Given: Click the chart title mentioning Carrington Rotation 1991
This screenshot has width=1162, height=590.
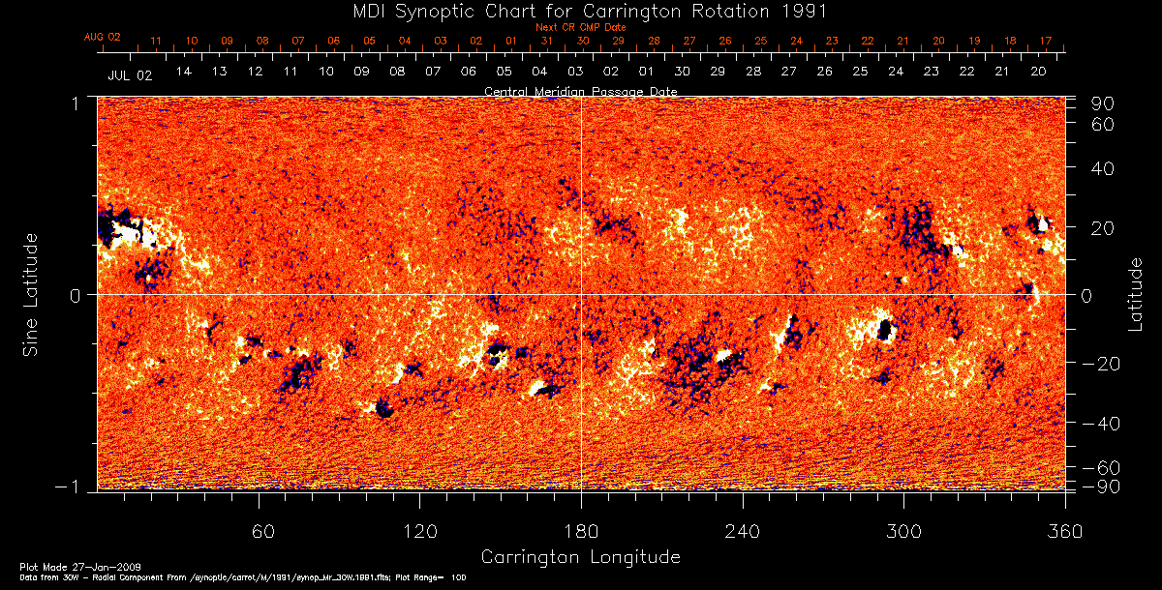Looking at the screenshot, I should pyautogui.click(x=580, y=12).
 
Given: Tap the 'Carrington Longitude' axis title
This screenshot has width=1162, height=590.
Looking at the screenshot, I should pyautogui.click(x=580, y=557).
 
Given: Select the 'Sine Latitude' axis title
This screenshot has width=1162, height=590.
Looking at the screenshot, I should pyautogui.click(x=31, y=294).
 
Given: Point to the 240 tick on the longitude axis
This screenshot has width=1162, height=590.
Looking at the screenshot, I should pyautogui.click(x=743, y=532).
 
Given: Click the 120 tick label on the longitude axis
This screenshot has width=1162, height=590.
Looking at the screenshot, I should pyautogui.click(x=420, y=532).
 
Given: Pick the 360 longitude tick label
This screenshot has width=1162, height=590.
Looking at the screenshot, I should pyautogui.click(x=1064, y=532).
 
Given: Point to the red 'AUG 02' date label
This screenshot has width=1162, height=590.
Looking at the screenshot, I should pyautogui.click(x=102, y=37).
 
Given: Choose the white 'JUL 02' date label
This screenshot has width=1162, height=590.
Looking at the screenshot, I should pyautogui.click(x=130, y=74).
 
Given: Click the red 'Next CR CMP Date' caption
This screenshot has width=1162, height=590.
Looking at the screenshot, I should pyautogui.click(x=581, y=28).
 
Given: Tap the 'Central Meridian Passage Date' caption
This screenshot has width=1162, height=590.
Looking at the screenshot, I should pyautogui.click(x=581, y=91).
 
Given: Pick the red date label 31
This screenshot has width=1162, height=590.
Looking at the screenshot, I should pyautogui.click(x=547, y=42).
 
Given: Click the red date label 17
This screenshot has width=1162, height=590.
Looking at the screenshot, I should pyautogui.click(x=1046, y=42).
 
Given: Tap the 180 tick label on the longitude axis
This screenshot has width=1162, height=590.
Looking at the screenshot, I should pyautogui.click(x=581, y=532).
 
